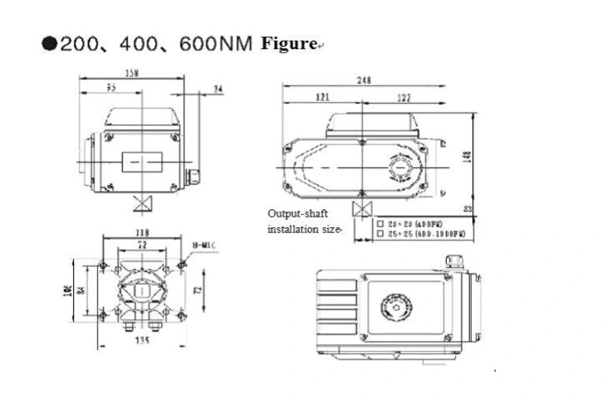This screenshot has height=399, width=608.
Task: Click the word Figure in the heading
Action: coord(288,43)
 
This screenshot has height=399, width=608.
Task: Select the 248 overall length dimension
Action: coord(364,81)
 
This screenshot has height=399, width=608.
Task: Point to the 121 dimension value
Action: coord(322,97)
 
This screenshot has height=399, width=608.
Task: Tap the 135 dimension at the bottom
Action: coord(142,340)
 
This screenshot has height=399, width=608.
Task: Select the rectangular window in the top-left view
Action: coord(141,160)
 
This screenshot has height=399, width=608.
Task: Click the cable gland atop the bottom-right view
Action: coord(452,260)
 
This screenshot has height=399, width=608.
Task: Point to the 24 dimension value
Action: coord(218,89)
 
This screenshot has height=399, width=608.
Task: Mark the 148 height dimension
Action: coord(467,156)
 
